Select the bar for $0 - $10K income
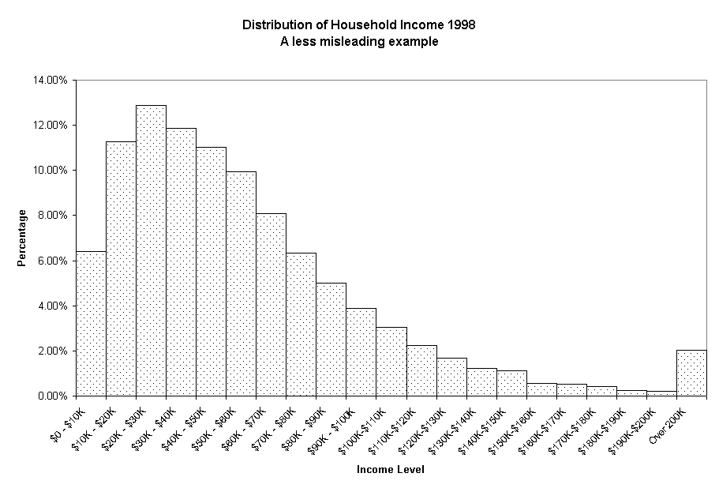coord(91,323)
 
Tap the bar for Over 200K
coord(691,372)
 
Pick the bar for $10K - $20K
coord(121,269)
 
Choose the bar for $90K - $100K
coord(361,351)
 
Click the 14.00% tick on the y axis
coord(51,80)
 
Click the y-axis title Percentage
coord(23,238)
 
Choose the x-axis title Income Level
coord(391,470)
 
